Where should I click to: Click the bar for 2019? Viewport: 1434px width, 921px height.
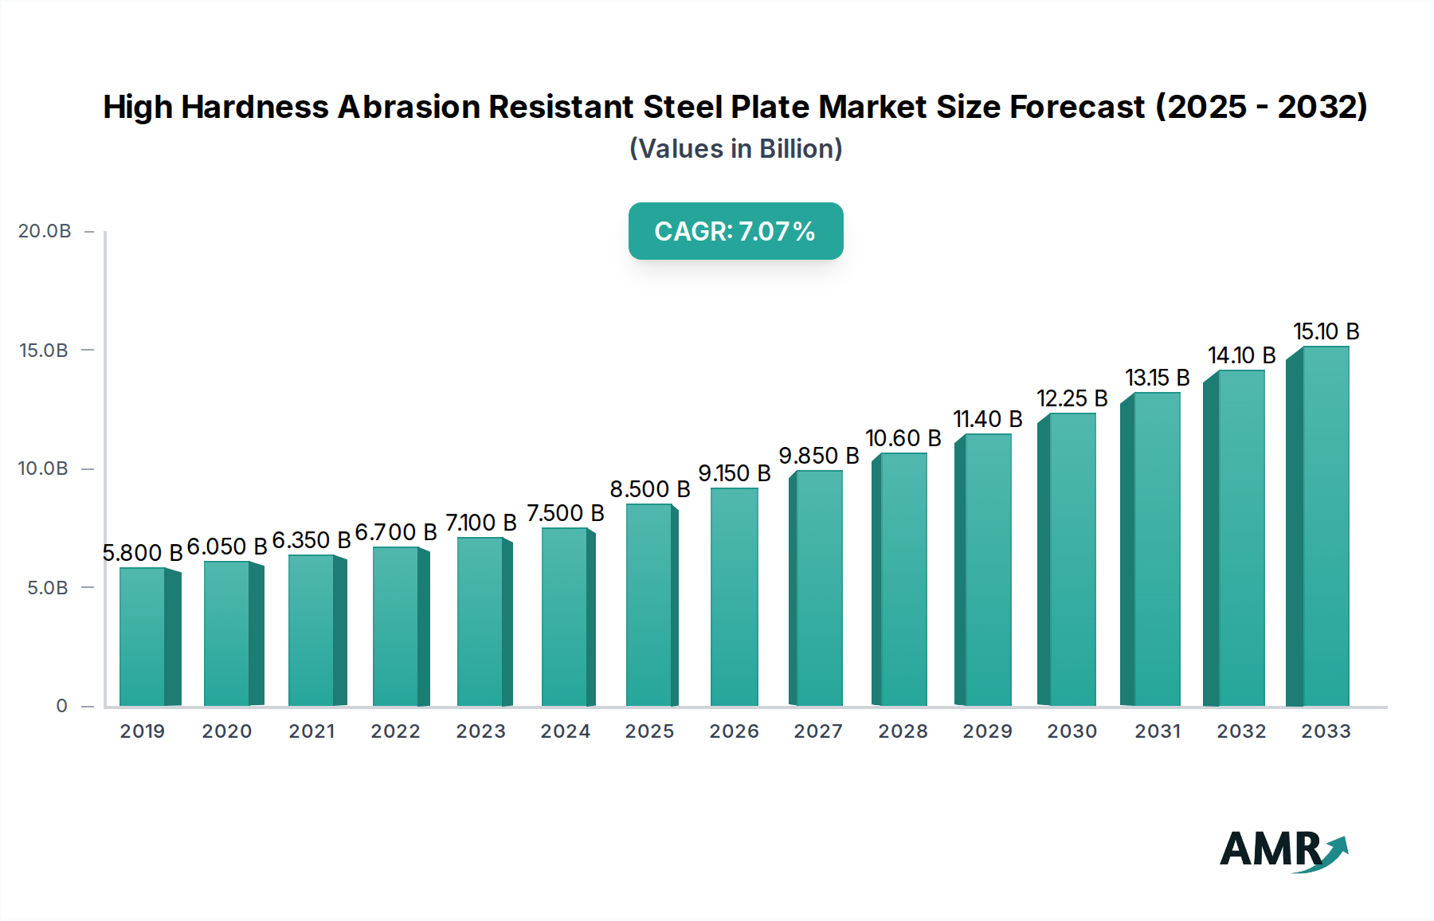point(143,637)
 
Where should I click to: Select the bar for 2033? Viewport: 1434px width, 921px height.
point(1325,527)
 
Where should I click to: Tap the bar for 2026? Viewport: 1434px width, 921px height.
point(734,597)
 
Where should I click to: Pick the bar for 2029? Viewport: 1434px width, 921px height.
point(987,570)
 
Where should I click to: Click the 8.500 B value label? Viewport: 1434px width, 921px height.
point(649,489)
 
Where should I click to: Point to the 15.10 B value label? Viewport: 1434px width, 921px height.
point(1326,331)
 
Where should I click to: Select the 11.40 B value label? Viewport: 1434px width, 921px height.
point(987,419)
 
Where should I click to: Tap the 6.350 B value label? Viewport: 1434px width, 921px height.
point(311,540)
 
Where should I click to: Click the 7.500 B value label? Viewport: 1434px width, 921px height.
point(565,513)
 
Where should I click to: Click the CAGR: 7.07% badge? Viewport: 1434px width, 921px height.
point(735,231)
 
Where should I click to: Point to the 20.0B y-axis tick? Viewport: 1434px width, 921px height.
point(45,231)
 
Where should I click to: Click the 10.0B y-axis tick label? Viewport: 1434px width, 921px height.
point(44,468)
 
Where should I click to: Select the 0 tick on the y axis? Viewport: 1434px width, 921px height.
point(61,706)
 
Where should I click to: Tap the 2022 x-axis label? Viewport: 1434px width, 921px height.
point(395,731)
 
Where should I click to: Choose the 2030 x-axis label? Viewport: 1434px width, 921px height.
point(1072,731)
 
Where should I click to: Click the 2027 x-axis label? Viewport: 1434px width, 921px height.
point(818,731)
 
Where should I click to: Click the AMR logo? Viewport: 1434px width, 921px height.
point(1283,849)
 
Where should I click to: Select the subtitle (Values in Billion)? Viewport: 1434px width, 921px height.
point(735,149)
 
